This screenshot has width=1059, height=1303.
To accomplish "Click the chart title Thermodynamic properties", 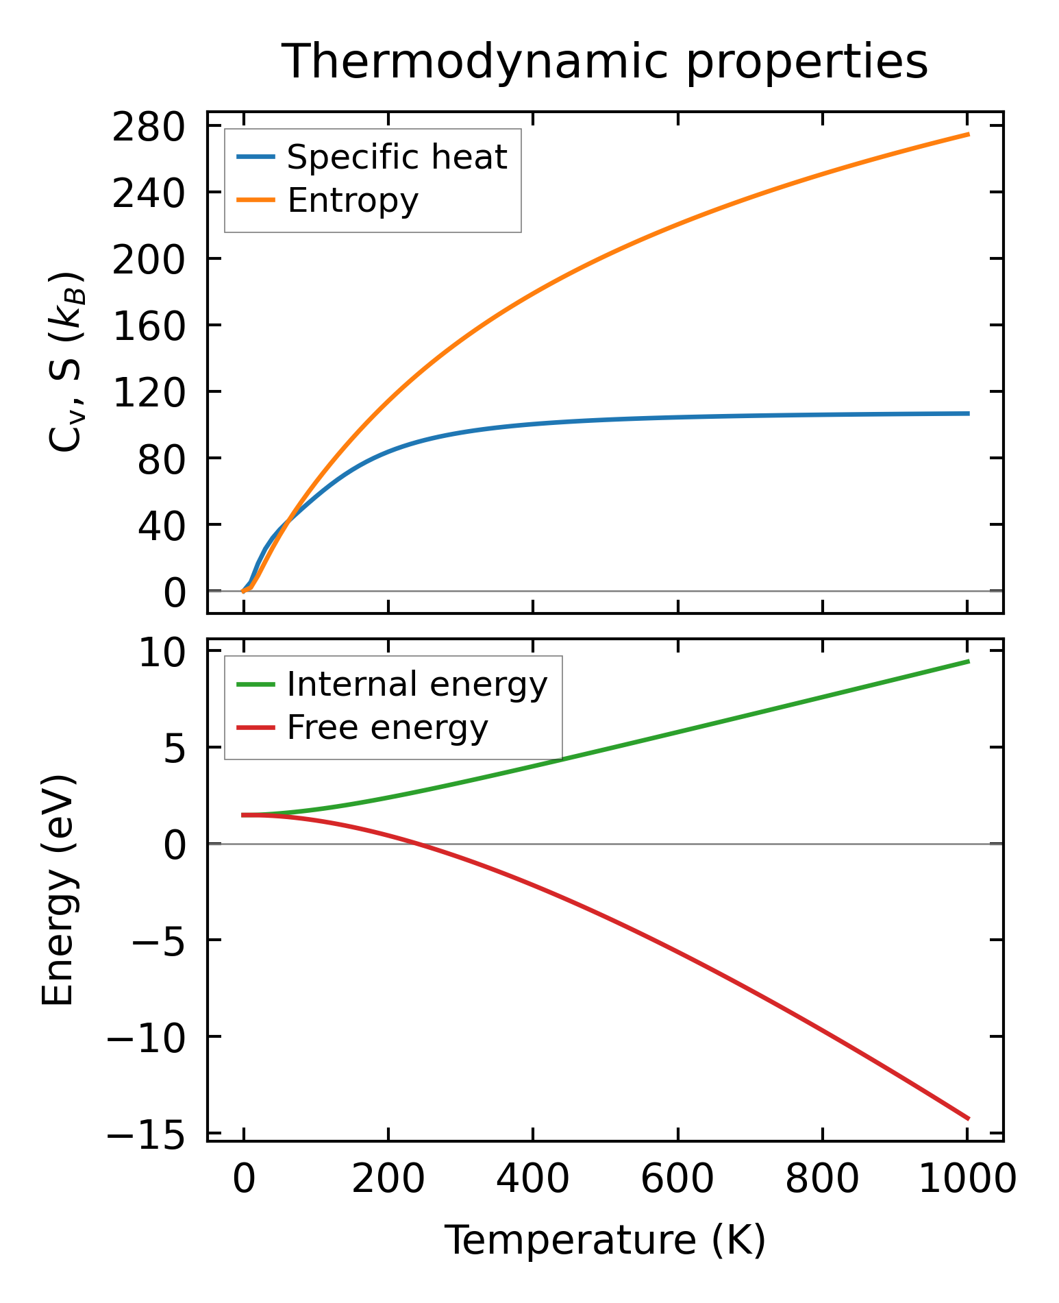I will click(605, 62).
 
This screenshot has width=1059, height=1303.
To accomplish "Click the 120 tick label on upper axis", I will click(149, 394).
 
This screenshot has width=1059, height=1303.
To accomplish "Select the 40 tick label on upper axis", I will click(162, 527).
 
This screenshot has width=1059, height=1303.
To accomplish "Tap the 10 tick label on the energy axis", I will click(162, 653).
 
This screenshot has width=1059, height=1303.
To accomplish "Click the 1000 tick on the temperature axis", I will click(967, 1180).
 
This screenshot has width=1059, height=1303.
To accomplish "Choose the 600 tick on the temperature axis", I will click(677, 1180).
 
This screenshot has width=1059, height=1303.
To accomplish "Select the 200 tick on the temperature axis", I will click(388, 1180).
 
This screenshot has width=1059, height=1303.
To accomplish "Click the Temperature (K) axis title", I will click(605, 1240).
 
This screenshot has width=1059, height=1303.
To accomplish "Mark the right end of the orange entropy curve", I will click(969, 134).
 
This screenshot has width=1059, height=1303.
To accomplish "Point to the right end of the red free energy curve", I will click(969, 1119).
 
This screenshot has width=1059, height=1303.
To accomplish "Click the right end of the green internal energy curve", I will click(969, 661).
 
